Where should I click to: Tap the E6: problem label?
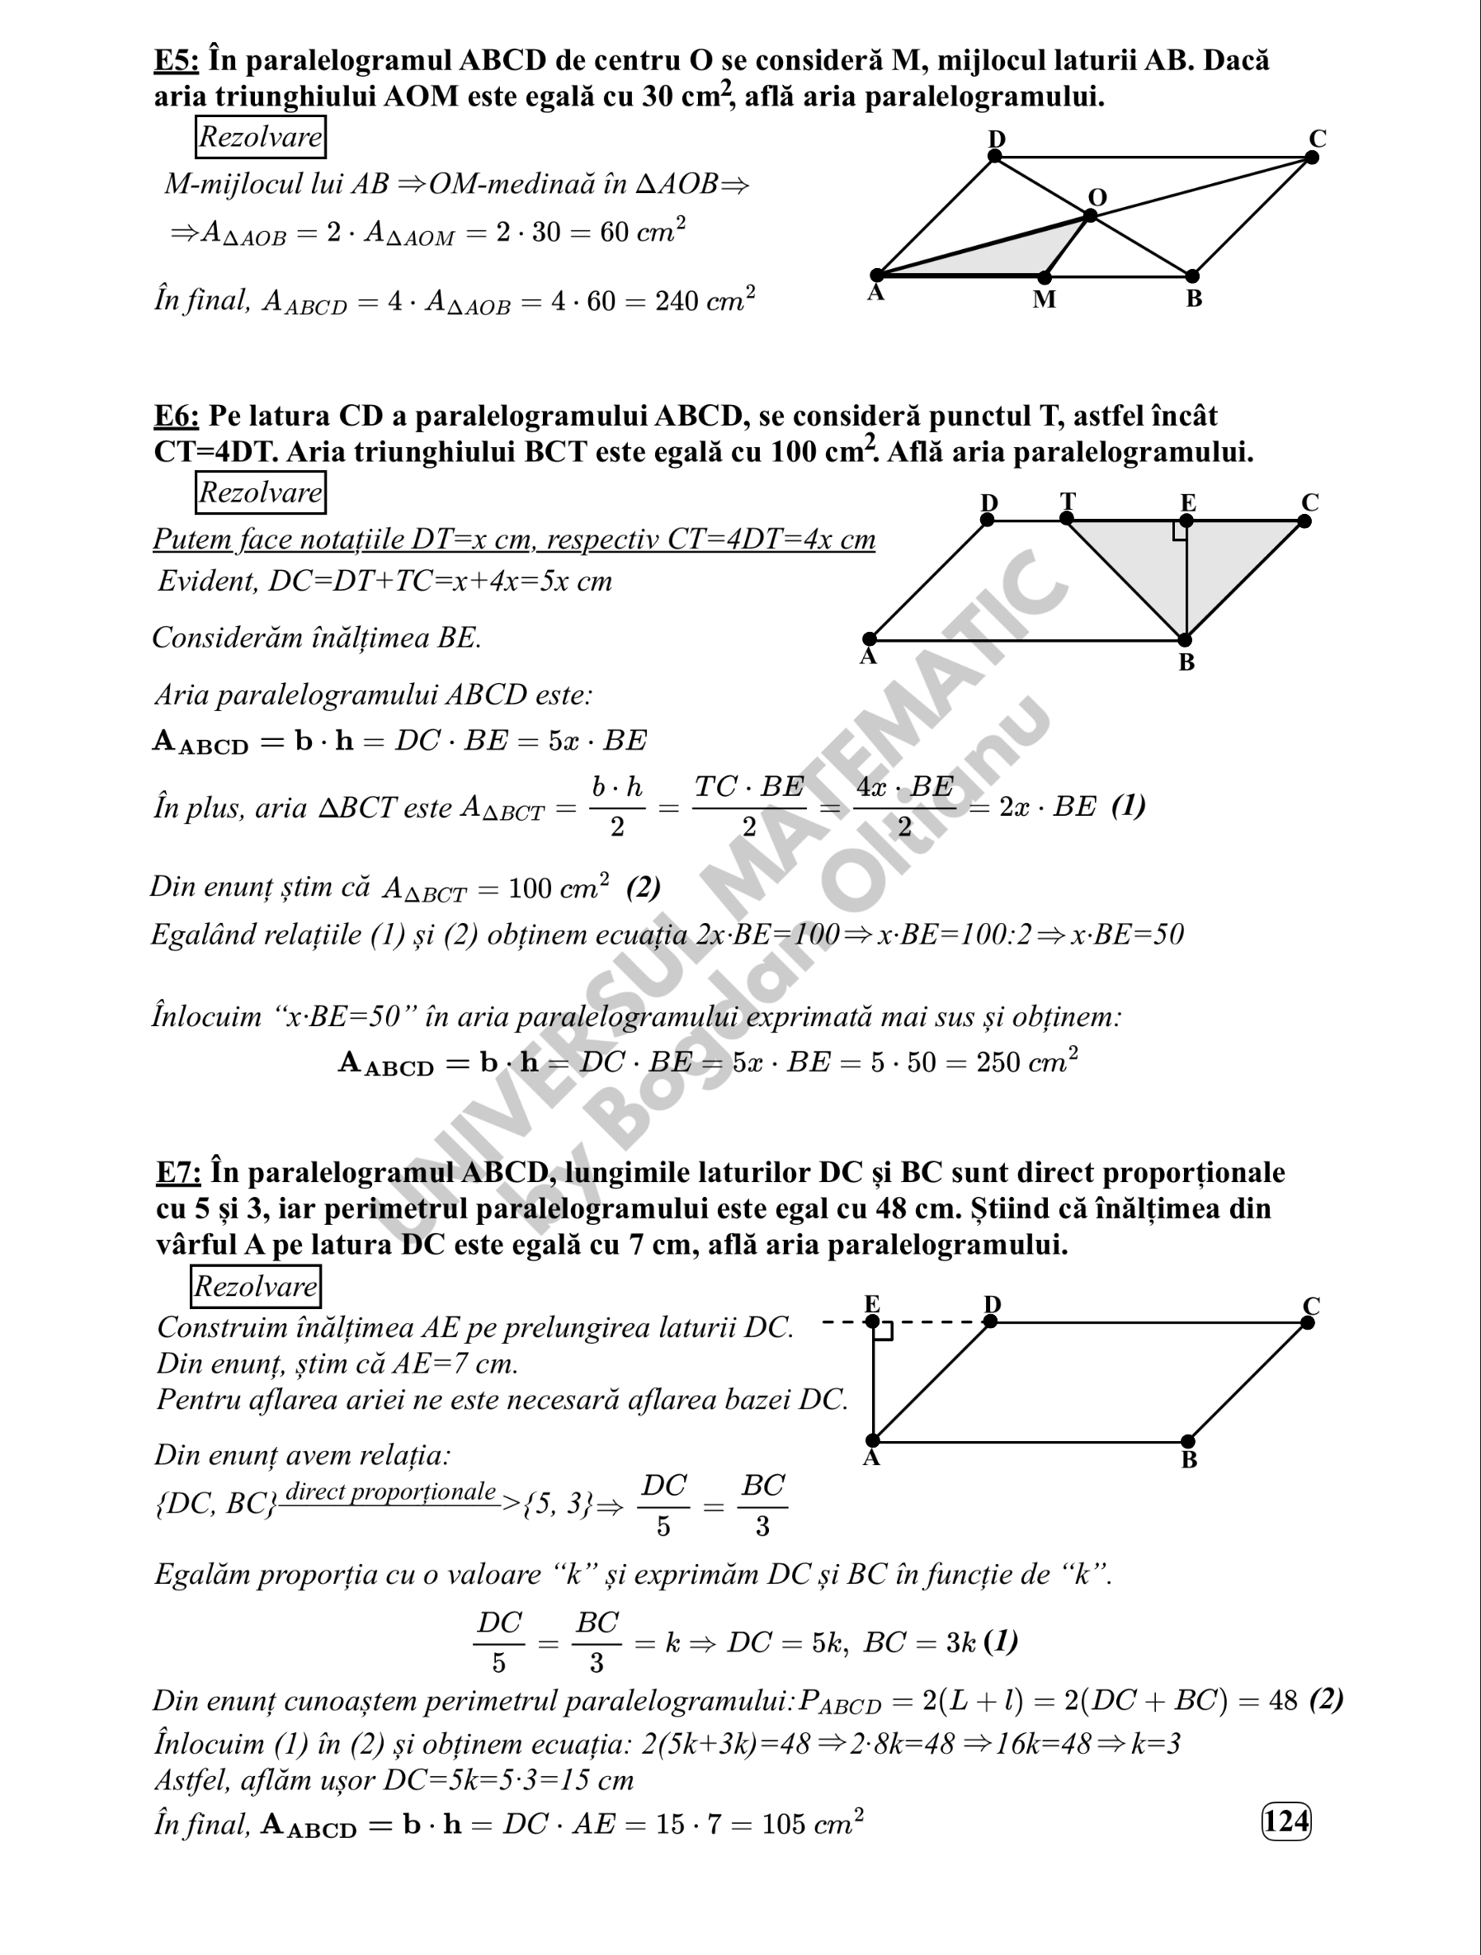177,417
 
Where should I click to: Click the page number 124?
1285,1821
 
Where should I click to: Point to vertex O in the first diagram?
1090,214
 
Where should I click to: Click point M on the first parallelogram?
1045,277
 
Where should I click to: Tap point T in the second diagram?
1067,519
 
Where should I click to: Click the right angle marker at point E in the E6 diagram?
1180,530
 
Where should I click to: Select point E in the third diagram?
873,1322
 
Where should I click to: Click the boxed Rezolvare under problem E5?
260,138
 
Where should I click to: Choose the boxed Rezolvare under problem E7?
256,1287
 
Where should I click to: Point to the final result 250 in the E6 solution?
997,1062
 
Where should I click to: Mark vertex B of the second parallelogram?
1185,640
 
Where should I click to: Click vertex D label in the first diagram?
997,139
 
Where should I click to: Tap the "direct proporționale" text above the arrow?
390,1492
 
